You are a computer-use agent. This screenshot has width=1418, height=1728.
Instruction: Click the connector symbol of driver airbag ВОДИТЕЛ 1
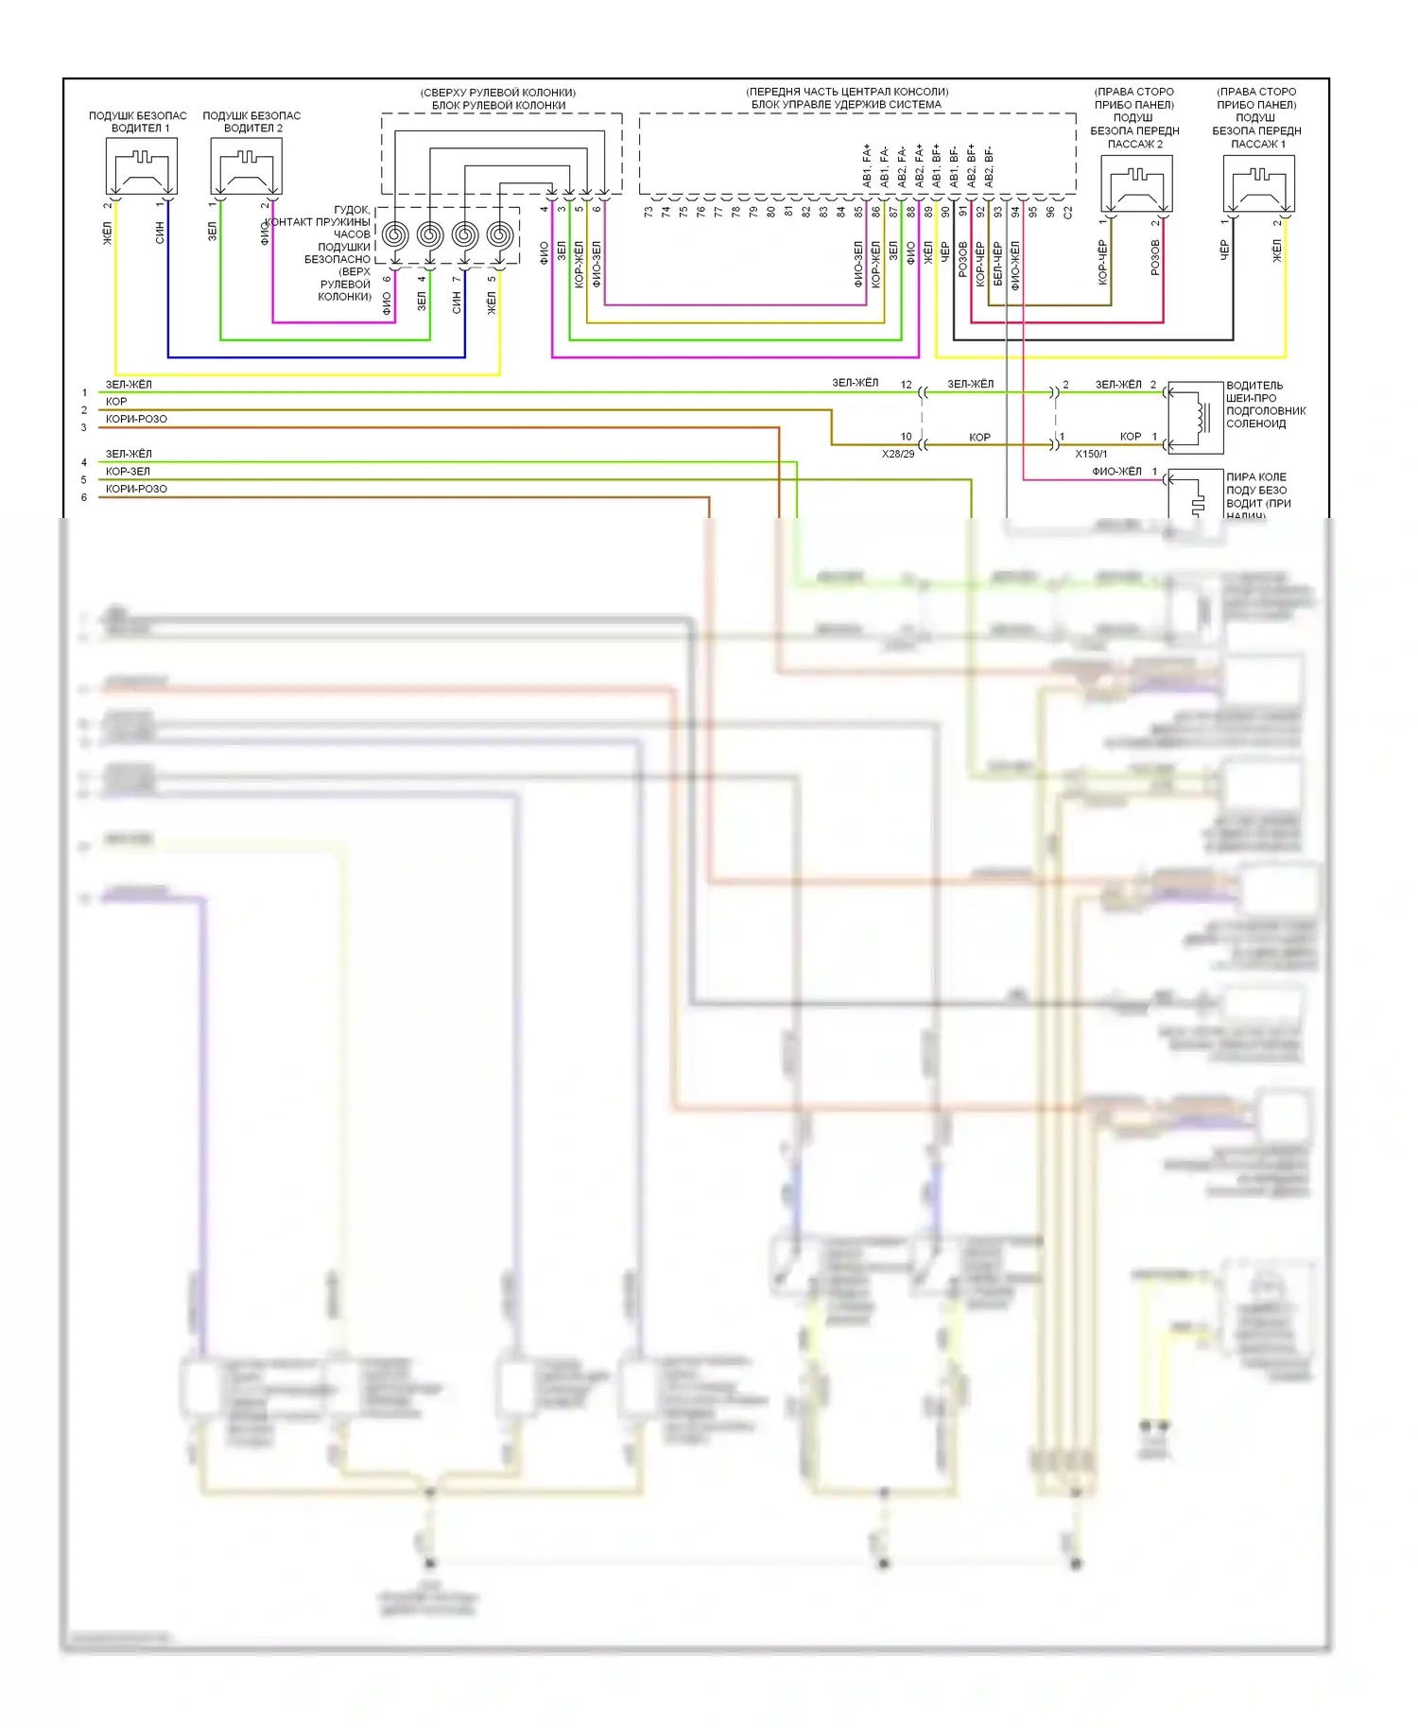click(x=142, y=166)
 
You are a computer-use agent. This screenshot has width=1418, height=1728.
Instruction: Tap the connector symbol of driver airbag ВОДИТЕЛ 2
click(x=246, y=166)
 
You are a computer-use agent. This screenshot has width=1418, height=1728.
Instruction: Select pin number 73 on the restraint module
click(x=648, y=213)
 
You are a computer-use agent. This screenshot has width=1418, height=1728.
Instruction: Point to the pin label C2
click(x=1068, y=213)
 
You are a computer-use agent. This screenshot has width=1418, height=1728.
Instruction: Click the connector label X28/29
click(x=898, y=454)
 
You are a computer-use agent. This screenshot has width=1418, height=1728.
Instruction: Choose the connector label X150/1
click(x=1091, y=454)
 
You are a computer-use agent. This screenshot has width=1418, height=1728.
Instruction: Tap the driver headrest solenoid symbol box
click(x=1196, y=417)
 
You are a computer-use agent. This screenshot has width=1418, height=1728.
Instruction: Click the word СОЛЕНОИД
click(x=1255, y=423)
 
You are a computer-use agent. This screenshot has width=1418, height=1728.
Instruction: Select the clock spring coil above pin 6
click(x=395, y=234)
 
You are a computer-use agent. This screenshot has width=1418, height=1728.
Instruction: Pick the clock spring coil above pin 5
click(x=499, y=234)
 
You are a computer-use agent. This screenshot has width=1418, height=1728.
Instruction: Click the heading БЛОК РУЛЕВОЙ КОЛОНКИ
click(x=498, y=105)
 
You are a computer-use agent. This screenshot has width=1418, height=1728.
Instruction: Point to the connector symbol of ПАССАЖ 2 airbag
click(x=1137, y=183)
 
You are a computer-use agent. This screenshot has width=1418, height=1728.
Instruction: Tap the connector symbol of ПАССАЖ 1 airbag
click(x=1258, y=183)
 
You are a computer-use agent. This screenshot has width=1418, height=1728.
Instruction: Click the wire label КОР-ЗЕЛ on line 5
click(x=128, y=471)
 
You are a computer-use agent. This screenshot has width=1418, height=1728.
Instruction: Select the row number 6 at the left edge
click(x=84, y=497)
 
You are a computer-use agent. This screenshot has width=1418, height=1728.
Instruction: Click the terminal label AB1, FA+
click(x=867, y=164)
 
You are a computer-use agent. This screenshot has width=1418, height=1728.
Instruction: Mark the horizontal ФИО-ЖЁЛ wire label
click(x=1116, y=471)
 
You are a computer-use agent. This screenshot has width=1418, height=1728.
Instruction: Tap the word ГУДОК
click(x=352, y=210)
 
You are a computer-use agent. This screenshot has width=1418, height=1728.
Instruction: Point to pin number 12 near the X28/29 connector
click(x=907, y=385)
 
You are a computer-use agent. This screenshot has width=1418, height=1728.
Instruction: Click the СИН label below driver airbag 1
click(x=160, y=233)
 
